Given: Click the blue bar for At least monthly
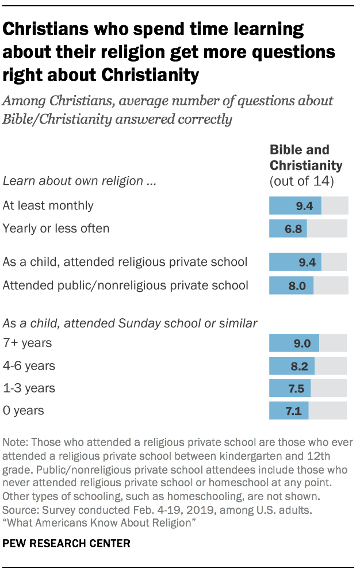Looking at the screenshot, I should [295, 205].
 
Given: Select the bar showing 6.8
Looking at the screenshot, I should [288, 228].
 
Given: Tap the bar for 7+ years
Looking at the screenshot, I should [294, 344].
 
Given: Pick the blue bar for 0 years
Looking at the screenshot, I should [289, 411].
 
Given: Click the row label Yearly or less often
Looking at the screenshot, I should [56, 228].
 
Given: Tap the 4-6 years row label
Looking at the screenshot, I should [28, 366].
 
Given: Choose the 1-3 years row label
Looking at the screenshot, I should [29, 388].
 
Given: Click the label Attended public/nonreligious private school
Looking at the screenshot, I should [125, 285].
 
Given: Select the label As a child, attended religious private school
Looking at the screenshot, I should [125, 262].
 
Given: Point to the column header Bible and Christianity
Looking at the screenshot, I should [305, 158].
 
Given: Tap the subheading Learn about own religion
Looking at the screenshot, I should [80, 181].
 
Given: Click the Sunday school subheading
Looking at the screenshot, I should [130, 323].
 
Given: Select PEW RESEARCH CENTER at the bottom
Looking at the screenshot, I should [66, 543].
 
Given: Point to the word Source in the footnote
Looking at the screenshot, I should [18, 509].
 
